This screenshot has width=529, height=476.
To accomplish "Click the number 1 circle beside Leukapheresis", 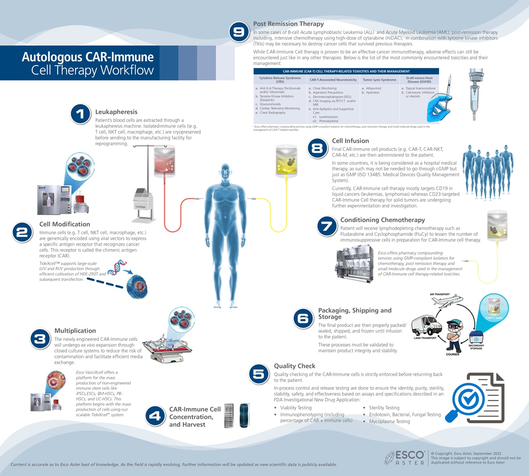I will click(x=80, y=114).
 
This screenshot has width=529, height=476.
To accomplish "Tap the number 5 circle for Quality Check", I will click(x=259, y=374).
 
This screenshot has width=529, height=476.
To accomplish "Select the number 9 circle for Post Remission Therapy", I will click(x=239, y=32).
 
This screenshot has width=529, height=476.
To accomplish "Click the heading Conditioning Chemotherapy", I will click(x=383, y=220).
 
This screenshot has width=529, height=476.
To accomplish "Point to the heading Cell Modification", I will click(x=65, y=224).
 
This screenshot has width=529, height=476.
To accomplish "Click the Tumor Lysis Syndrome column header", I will click(x=379, y=80).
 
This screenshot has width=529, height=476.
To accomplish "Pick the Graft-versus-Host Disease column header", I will click(x=419, y=80).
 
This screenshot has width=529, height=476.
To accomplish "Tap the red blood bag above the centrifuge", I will click(x=164, y=162).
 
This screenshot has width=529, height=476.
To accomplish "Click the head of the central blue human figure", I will click(x=225, y=172).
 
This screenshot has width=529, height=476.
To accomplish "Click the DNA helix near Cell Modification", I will click(x=117, y=267).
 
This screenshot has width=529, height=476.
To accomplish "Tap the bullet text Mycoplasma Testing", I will click(x=389, y=421).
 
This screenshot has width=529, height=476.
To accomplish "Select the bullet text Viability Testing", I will click(x=296, y=408).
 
